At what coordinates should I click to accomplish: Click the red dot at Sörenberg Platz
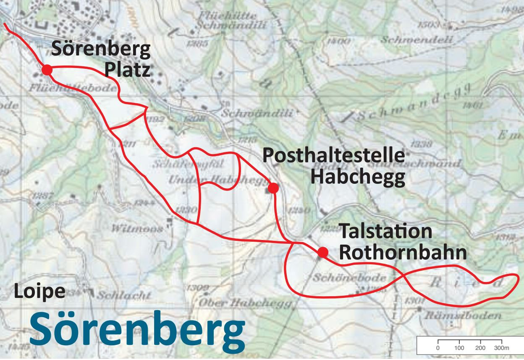pyautogui.click(x=47, y=70)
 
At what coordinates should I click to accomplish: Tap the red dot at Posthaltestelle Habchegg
pyautogui.click(x=273, y=188)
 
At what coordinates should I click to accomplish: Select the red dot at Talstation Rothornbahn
pyautogui.click(x=322, y=252)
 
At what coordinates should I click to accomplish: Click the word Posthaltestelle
pyautogui.click(x=333, y=156)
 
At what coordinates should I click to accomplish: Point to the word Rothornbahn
pyautogui.click(x=403, y=253)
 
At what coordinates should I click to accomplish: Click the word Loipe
pyautogui.click(x=40, y=292)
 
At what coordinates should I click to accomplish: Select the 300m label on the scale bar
pyautogui.click(x=501, y=348)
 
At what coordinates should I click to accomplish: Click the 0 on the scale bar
pyautogui.click(x=438, y=348)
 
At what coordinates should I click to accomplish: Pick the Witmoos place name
pyautogui.click(x=137, y=229)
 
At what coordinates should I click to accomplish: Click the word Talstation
pyautogui.click(x=385, y=231)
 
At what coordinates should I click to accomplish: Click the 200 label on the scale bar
pyautogui.click(x=480, y=348)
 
